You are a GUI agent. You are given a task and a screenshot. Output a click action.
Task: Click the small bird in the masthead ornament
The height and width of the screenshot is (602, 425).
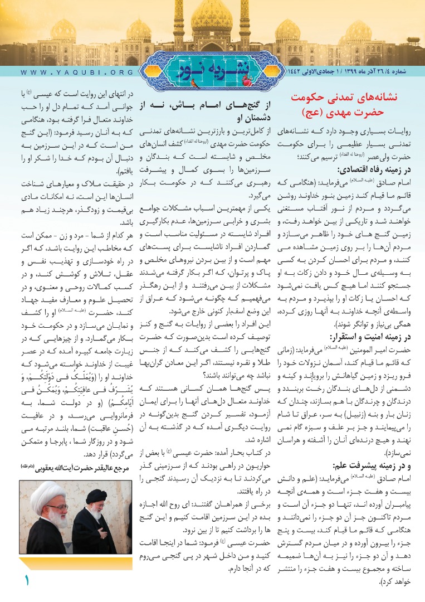pyautogui.click(x=194, y=84)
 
